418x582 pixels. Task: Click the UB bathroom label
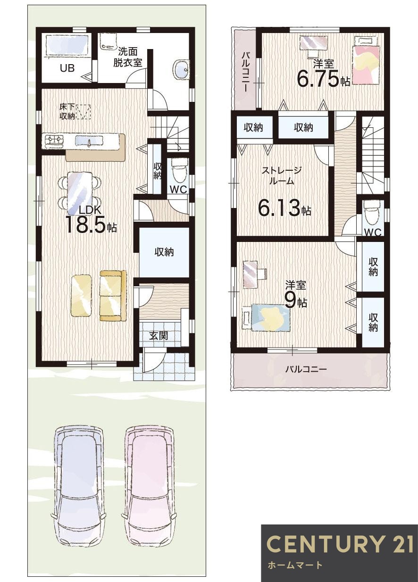pyautogui.click(x=67, y=68)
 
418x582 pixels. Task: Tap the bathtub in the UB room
pyautogui.click(x=67, y=46)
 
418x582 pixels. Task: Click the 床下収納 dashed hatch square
pyautogui.click(x=84, y=112)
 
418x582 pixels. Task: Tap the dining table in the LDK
pyautogui.click(x=80, y=191)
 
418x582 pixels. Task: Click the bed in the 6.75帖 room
pyautogui.click(x=365, y=64)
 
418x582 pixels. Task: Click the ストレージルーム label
pyautogui.click(x=282, y=175)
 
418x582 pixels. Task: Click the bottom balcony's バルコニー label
pyautogui.click(x=306, y=369)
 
